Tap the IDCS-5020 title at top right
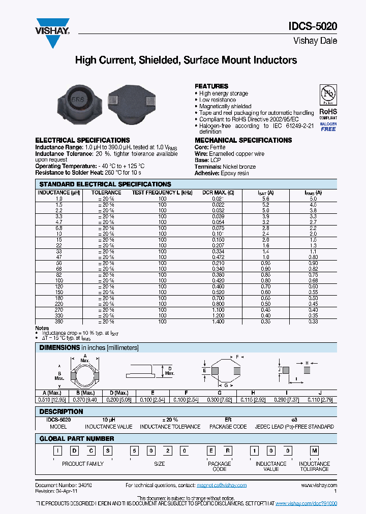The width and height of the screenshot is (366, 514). (316, 27)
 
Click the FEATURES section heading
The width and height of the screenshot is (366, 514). (211, 86)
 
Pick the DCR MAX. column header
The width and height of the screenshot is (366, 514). (218, 192)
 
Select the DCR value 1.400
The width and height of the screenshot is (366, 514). (218, 322)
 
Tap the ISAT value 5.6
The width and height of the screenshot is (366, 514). (265, 199)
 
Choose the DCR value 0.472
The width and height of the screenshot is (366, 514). (218, 257)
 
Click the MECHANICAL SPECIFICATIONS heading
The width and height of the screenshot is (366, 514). (243, 140)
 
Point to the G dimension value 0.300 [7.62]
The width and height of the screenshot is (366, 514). (220, 400)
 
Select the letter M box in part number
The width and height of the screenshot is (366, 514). (314, 451)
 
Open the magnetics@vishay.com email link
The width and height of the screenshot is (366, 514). (222, 485)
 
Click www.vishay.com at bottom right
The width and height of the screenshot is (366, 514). (319, 485)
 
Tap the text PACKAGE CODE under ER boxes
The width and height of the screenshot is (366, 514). (219, 466)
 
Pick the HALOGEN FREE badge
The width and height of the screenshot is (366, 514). (328, 125)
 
